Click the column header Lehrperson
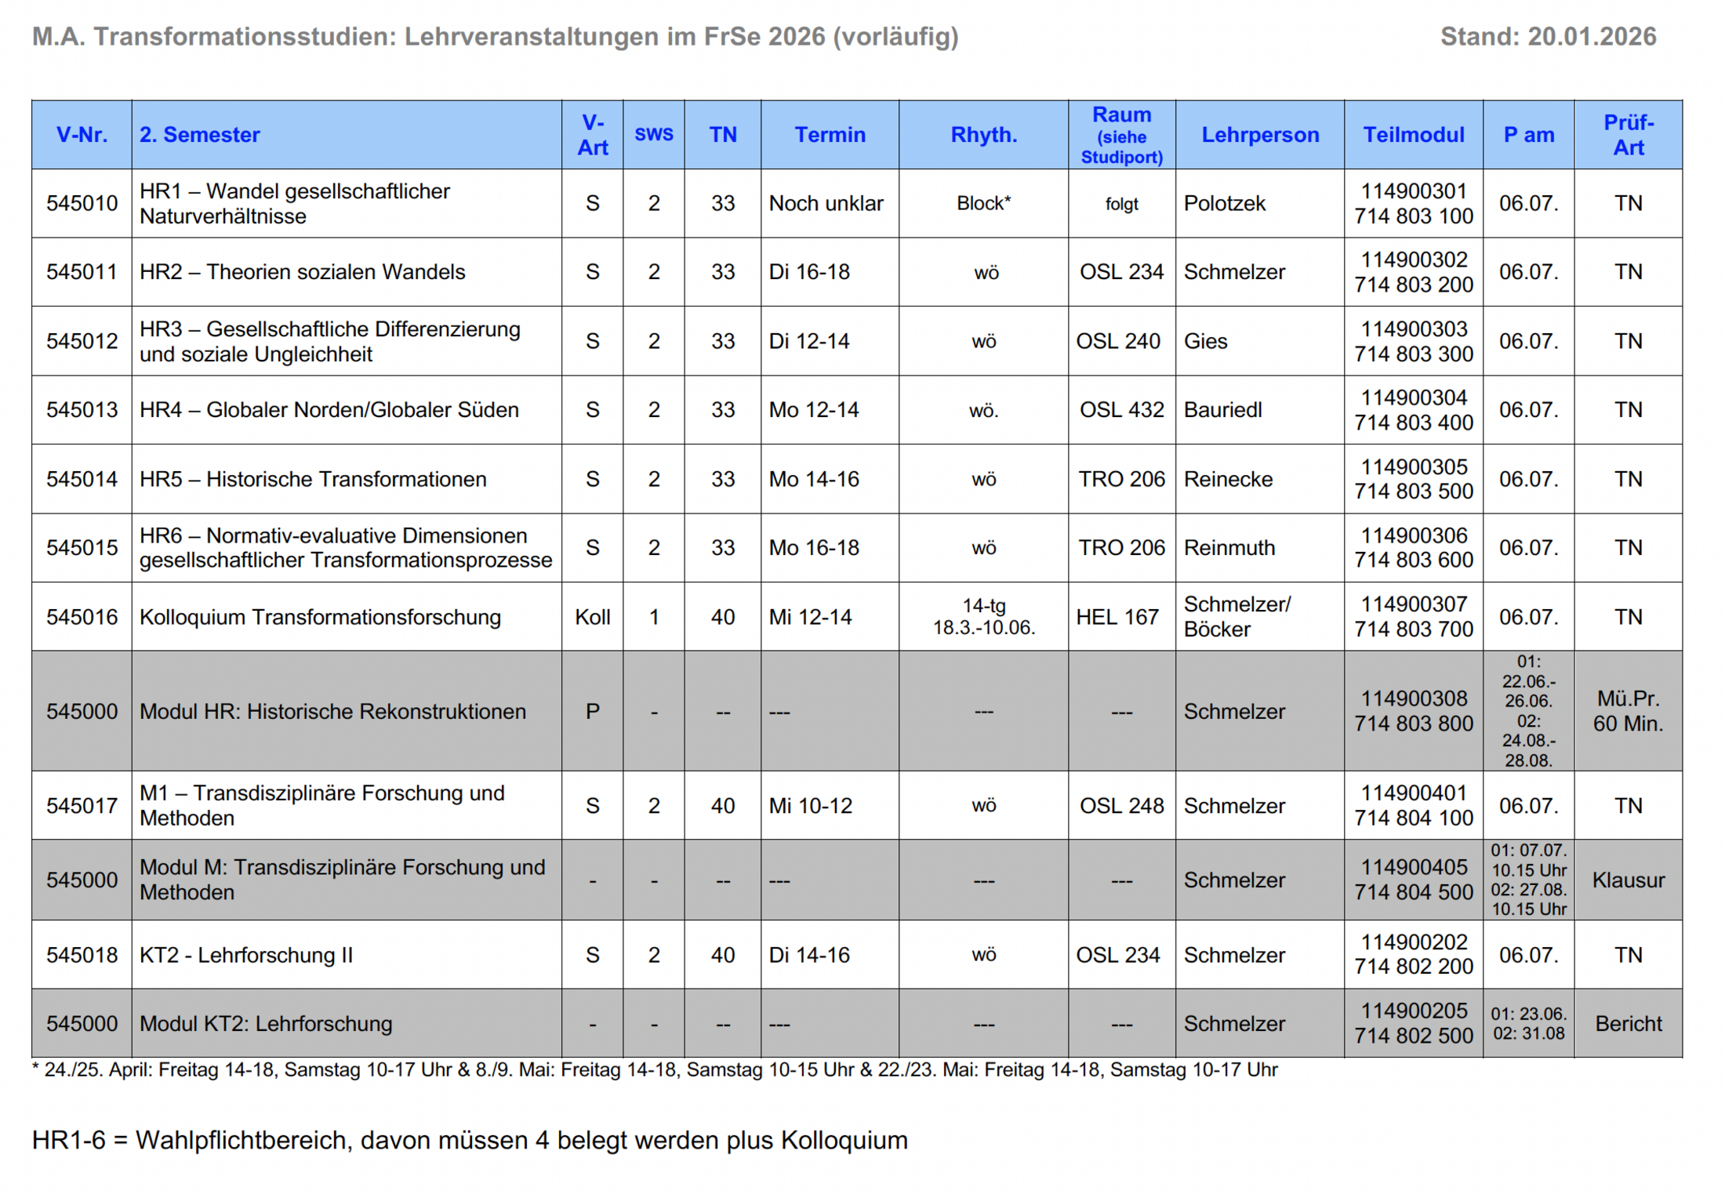(1259, 135)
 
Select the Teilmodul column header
(1413, 135)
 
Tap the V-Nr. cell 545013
(82, 410)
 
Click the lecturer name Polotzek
(1224, 204)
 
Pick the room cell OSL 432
(1121, 410)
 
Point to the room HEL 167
(1117, 617)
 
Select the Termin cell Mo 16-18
(814, 548)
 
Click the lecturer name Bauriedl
(1222, 410)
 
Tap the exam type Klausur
(1628, 880)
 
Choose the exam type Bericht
(1628, 1024)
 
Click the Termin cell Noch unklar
(826, 204)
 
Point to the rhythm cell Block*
(983, 204)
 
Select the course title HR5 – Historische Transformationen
(313, 479)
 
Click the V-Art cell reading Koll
(592, 617)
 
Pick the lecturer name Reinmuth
(1229, 548)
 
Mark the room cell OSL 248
(1121, 806)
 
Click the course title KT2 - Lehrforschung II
(246, 955)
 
